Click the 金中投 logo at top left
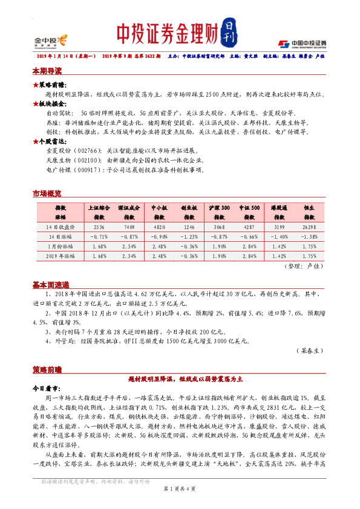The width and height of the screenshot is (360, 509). pyautogui.click(x=42, y=42)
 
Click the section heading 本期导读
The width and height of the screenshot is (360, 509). pyautogui.click(x=47, y=71)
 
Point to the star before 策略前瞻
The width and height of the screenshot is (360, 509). pyautogui.click(x=35, y=85)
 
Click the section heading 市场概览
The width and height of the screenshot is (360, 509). pyautogui.click(x=47, y=193)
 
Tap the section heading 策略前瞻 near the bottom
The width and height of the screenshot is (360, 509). pyautogui.click(x=47, y=368)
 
